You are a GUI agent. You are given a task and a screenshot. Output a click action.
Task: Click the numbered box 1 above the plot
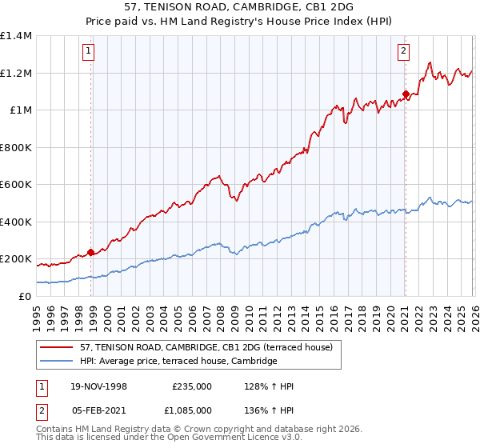pos(87,51)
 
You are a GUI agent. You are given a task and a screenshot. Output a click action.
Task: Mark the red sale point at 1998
pos(91,253)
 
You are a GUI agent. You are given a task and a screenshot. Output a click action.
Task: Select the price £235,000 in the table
pos(192,386)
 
